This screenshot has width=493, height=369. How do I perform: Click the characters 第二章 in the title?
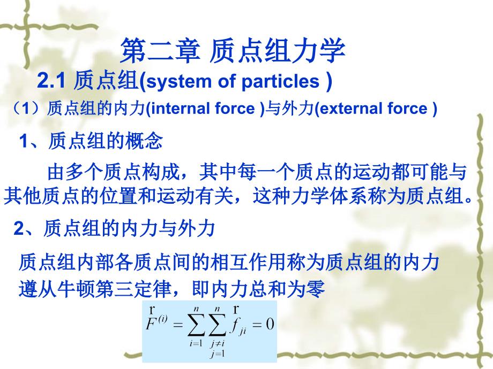160,50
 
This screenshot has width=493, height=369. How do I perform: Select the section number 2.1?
51,81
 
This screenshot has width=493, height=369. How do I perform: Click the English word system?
179,82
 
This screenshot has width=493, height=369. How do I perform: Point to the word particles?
280,82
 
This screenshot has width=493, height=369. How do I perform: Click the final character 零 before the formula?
315,289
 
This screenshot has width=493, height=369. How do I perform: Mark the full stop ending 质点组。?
469,200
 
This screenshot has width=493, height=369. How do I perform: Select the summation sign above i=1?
196,325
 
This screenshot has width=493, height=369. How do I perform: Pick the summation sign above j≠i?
217,325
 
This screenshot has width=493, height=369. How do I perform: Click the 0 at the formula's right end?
270,324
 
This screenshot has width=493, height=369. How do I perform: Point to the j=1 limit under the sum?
218,354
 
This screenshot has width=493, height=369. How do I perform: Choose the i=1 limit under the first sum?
196,343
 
